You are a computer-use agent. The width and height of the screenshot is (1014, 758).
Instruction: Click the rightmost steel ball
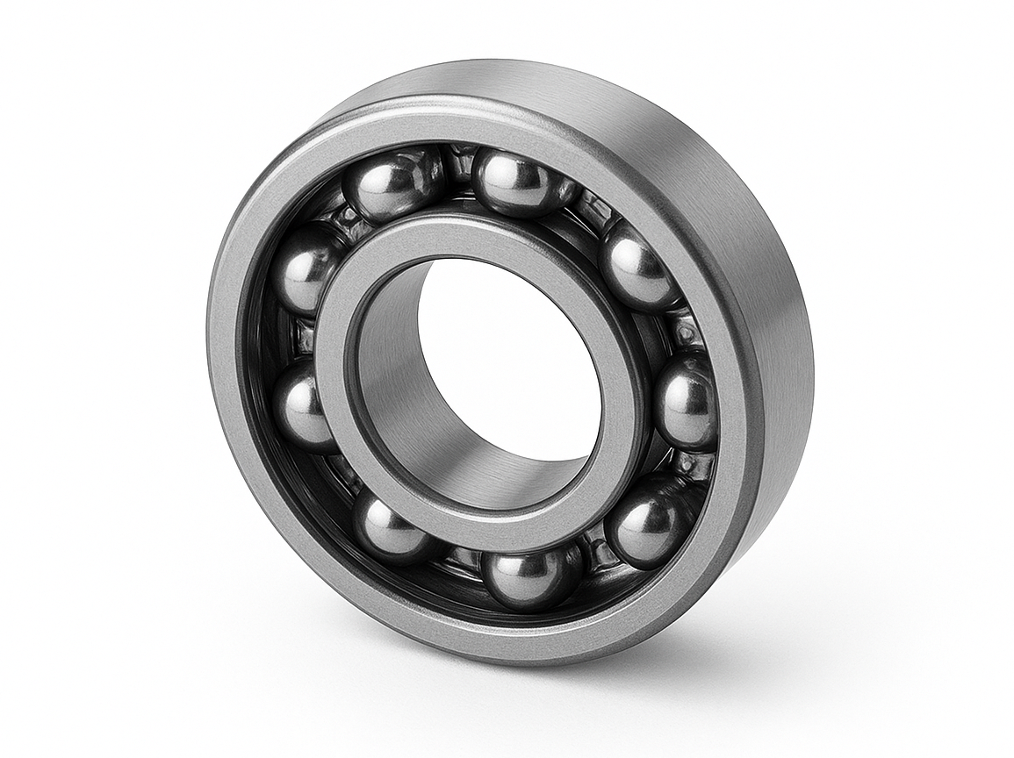click(x=687, y=402)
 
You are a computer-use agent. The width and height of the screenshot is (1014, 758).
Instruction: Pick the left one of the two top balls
click(x=392, y=184)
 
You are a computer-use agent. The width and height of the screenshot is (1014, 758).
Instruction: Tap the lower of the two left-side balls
click(x=303, y=405)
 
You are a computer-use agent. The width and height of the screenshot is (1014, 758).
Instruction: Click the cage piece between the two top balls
click(x=458, y=166)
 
